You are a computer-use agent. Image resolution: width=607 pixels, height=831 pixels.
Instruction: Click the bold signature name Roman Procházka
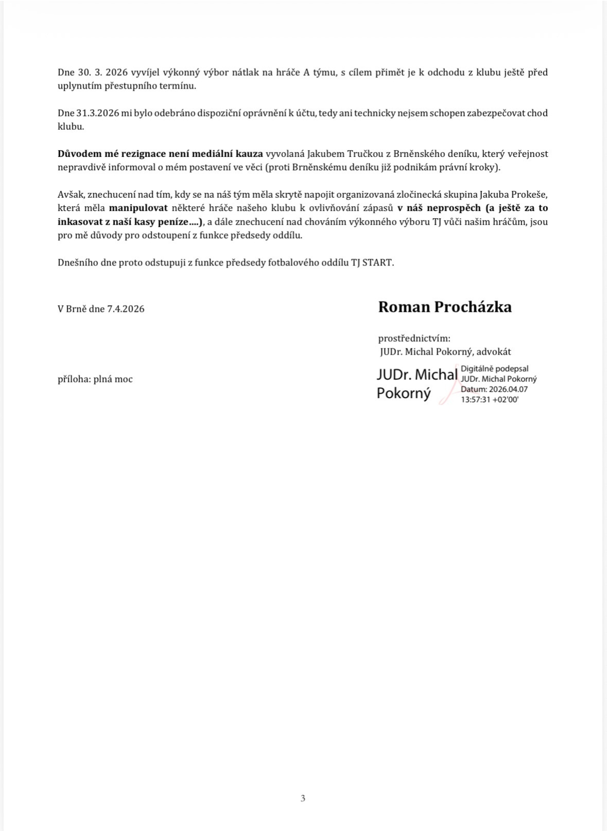click(x=445, y=307)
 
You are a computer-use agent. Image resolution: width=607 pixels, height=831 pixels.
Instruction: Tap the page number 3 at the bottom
click(x=303, y=798)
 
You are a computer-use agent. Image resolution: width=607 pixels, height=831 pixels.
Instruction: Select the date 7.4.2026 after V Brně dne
click(x=126, y=309)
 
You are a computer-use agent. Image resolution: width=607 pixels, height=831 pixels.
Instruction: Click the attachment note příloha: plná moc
click(x=95, y=379)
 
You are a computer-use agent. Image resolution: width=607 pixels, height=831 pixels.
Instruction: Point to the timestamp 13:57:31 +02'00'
click(x=490, y=399)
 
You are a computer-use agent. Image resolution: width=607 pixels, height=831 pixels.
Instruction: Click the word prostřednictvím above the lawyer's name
click(x=414, y=339)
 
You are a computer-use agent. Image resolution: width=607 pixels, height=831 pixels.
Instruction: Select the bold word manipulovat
click(x=138, y=208)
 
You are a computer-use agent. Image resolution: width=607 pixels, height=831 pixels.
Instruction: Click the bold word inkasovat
click(x=83, y=222)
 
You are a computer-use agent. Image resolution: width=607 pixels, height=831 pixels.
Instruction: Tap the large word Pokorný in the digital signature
click(x=404, y=393)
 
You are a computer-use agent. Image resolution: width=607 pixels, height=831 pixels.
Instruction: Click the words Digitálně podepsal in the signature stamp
click(x=495, y=369)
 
